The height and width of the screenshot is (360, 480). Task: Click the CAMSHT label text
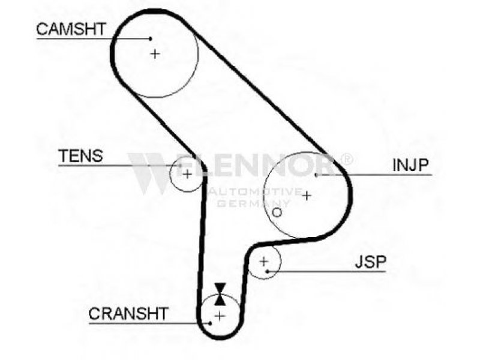[71, 29]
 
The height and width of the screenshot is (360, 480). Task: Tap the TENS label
[80, 156]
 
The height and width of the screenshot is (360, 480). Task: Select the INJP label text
[410, 166]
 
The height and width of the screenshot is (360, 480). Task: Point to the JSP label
[371, 262]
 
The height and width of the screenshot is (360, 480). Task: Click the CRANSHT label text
[128, 313]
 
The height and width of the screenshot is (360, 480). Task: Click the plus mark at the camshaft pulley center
[155, 54]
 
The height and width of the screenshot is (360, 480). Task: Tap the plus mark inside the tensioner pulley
[187, 174]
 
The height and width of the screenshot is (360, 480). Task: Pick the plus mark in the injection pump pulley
[307, 196]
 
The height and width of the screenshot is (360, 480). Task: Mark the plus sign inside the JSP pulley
[263, 262]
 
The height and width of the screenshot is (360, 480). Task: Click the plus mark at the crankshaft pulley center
[220, 316]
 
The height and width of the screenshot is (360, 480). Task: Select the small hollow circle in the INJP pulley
[277, 212]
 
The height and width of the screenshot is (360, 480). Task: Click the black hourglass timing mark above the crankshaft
[220, 294]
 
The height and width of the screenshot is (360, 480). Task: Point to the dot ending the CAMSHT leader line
[151, 38]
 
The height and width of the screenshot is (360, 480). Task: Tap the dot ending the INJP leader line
[316, 175]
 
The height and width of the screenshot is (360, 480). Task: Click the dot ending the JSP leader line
[267, 272]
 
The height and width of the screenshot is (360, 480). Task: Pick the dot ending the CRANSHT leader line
[211, 323]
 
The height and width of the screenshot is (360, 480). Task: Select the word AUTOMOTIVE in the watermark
[254, 192]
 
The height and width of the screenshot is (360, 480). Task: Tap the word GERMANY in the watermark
[253, 203]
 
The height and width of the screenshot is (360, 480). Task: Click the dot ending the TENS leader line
[181, 166]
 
